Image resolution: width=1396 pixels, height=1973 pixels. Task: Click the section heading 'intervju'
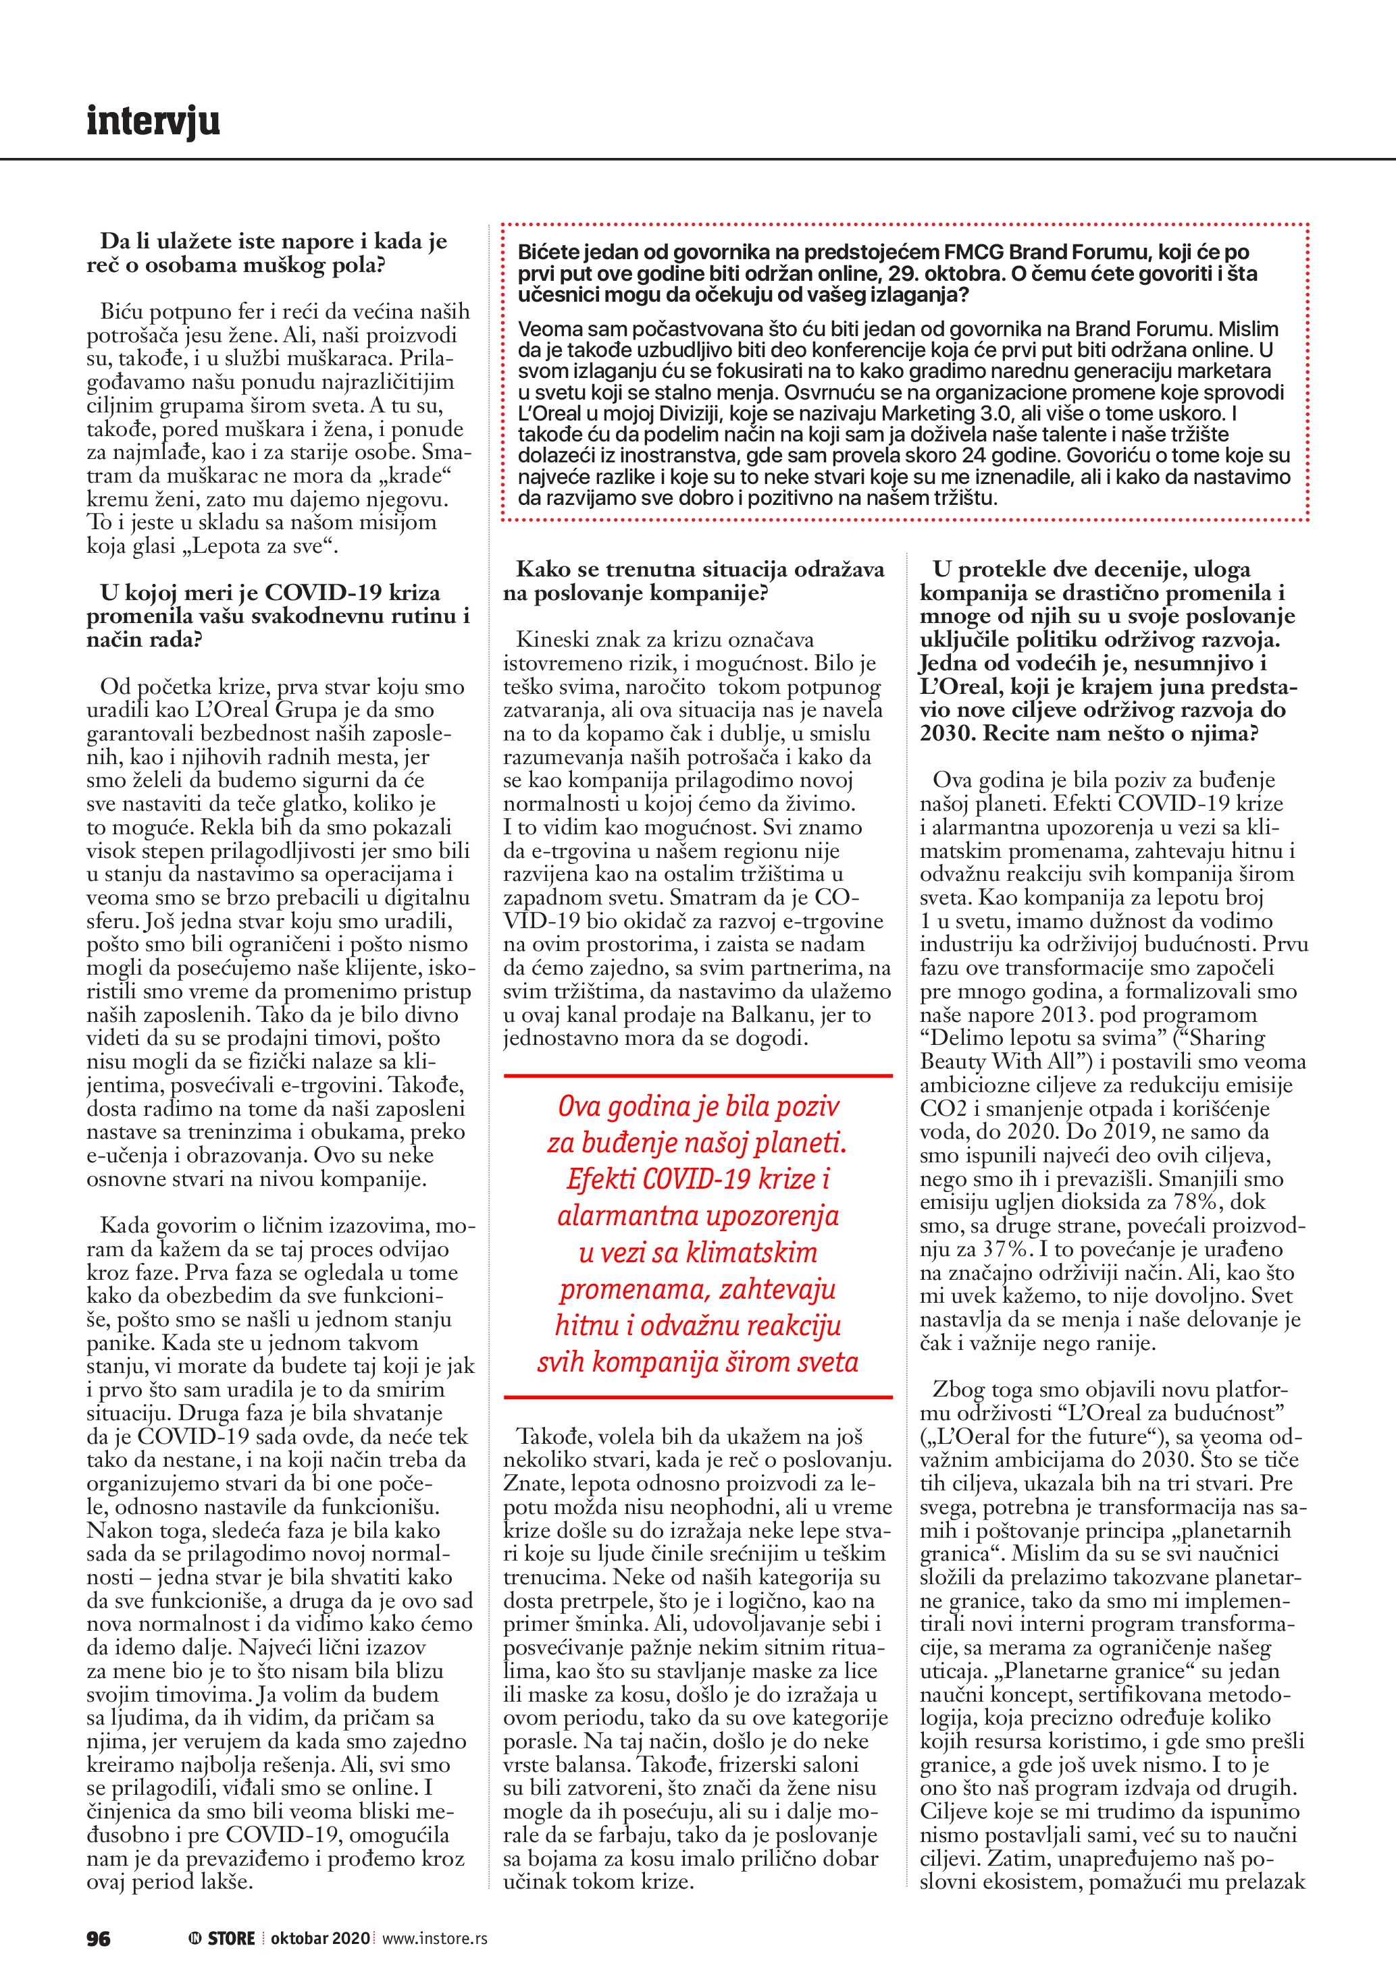tap(153, 121)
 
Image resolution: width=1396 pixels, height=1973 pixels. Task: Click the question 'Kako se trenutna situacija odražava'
tap(700, 570)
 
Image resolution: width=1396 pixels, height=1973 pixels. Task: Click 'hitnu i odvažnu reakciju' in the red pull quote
tap(697, 1326)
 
